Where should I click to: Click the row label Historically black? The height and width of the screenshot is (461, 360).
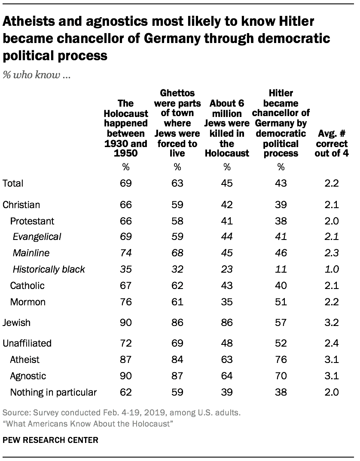pyautogui.click(x=49, y=270)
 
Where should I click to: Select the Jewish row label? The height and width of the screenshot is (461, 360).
pyautogui.click(x=16, y=323)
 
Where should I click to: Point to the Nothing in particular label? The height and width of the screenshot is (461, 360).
pyautogui.click(x=53, y=392)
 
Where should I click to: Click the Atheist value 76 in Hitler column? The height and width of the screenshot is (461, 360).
pyautogui.click(x=281, y=360)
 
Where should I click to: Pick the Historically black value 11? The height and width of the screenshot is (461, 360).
pyautogui.click(x=281, y=270)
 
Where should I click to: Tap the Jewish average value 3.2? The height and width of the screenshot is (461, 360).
pyautogui.click(x=332, y=323)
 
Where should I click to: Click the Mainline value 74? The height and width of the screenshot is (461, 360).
pyautogui.click(x=125, y=253)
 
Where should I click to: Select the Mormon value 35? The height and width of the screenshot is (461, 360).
pyautogui.click(x=226, y=302)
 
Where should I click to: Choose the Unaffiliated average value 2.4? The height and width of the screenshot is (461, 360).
pyautogui.click(x=332, y=343)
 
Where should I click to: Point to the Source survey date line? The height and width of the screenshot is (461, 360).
pyautogui.click(x=122, y=414)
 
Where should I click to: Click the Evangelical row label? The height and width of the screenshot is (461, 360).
pyautogui.click(x=37, y=237)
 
